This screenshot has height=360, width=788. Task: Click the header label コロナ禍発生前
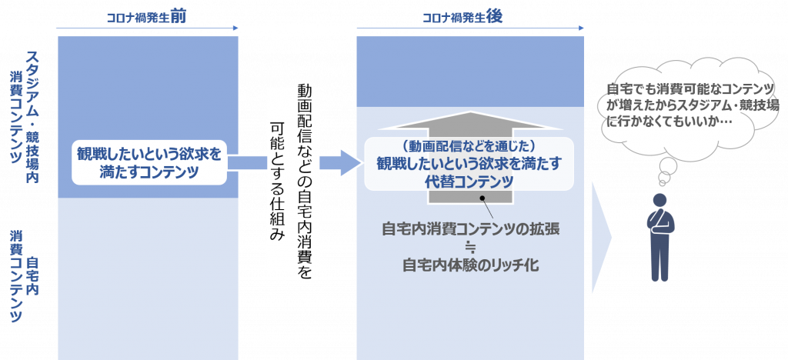pos(149,18)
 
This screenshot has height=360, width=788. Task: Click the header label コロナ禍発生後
pos(462,18)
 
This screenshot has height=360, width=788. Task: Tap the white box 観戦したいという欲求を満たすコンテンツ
pos(149,162)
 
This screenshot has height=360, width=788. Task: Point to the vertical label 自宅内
pos(33,275)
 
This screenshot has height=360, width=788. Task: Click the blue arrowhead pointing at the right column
pos(351,162)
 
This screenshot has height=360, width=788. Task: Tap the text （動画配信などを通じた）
pos(469,147)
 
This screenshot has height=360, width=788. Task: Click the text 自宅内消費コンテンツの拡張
pos(471,229)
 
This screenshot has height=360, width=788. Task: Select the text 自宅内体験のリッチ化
pos(471,265)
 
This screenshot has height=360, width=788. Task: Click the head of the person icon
pos(659,200)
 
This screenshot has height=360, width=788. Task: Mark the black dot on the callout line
pos(483,198)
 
